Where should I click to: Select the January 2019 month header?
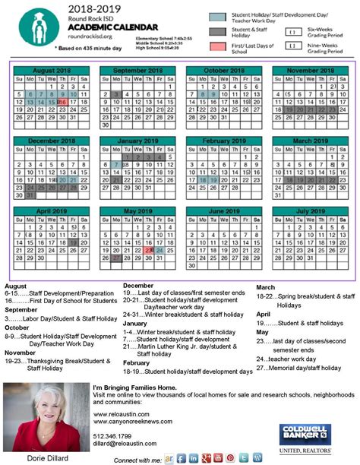[x=137, y=141]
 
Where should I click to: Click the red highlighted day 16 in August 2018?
[x=62, y=101]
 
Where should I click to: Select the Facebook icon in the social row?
[x=182, y=458]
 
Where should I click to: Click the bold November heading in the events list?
[x=20, y=353]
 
